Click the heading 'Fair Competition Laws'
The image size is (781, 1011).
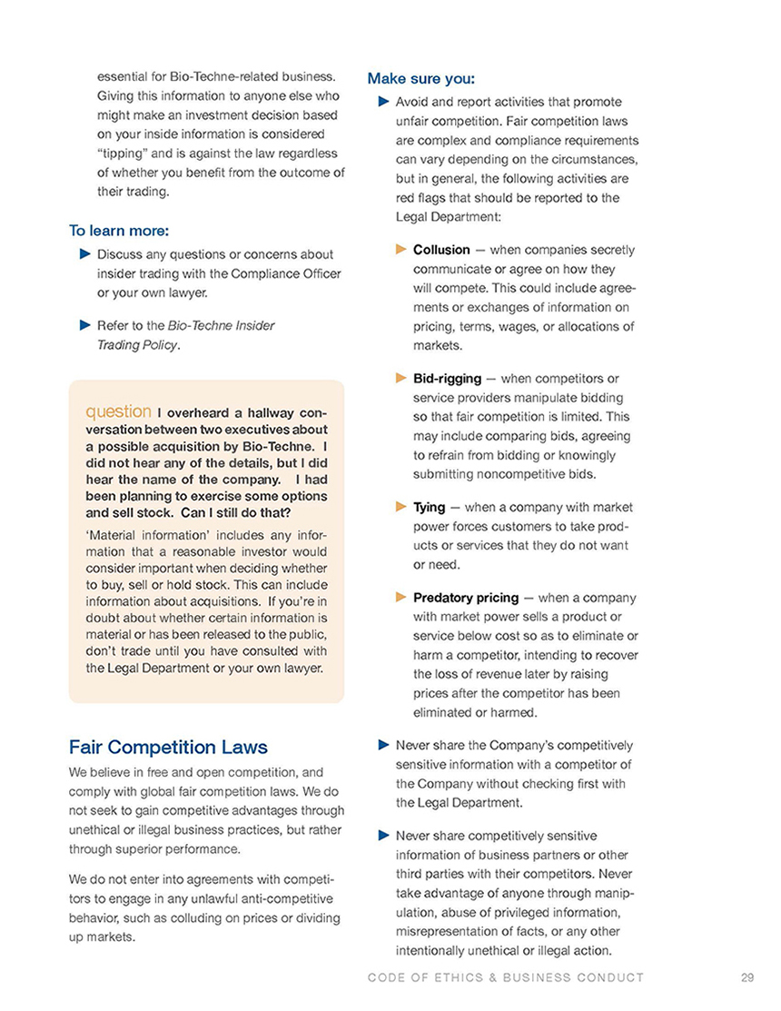(x=168, y=747)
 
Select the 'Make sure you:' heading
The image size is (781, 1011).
(x=420, y=78)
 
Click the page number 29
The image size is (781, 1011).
(x=747, y=977)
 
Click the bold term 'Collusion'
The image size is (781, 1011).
(x=441, y=250)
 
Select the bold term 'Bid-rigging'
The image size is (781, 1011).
(x=447, y=378)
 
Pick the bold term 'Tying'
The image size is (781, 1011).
(x=429, y=507)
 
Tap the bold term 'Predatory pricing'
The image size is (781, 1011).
(x=466, y=598)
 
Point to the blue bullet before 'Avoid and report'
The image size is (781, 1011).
(x=382, y=102)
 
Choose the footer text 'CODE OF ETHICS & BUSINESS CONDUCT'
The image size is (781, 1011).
(x=506, y=977)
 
